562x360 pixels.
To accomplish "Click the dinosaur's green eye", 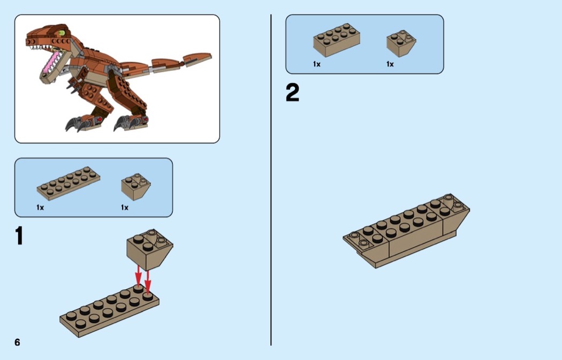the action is (62, 33).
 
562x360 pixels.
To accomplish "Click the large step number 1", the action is (19, 236).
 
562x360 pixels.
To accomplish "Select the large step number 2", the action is (292, 93).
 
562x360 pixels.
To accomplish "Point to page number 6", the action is (17, 342).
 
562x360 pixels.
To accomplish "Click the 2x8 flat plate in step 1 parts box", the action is (68, 183).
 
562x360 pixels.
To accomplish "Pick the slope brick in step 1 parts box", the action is (136, 187).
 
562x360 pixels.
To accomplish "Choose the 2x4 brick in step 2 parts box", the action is (337, 40).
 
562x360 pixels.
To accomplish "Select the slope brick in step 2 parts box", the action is (401, 43).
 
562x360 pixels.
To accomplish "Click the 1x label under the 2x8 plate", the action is (40, 208).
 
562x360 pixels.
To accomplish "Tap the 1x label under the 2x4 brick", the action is (316, 64).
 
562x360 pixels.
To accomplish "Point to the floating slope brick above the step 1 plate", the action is (149, 249).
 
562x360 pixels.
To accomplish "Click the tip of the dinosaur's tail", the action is (211, 55).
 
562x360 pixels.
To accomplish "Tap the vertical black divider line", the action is (271, 180).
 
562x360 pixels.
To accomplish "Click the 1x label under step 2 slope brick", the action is (390, 64).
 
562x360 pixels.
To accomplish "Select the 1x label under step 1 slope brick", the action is (124, 208).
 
